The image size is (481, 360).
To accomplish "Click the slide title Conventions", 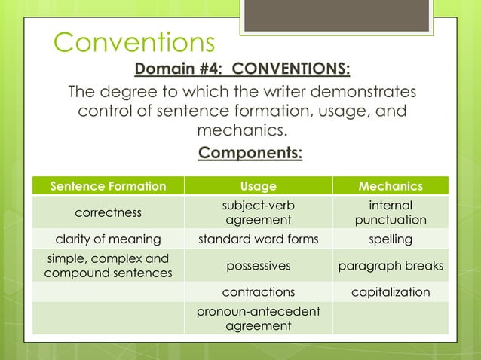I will point(134,43).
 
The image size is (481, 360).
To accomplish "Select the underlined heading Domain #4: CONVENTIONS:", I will point(242,70).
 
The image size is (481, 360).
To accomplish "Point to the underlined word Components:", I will point(250,154).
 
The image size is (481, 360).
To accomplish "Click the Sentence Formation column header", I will point(108,186).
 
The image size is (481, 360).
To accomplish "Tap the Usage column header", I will point(258,186).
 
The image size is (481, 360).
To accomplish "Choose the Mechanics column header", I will point(391,186).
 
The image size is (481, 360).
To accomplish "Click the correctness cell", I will point(108,212).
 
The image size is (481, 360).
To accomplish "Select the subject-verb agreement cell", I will point(258,212).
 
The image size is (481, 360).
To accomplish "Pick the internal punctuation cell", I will point(391,212).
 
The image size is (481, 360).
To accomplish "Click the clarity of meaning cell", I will point(108,239).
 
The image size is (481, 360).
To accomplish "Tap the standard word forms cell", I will point(258,239).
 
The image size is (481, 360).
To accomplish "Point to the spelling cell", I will point(391,239).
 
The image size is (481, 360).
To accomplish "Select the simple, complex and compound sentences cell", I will point(108,266).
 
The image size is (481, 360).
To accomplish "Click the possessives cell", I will point(258,266).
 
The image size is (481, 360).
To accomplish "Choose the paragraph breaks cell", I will point(391,266).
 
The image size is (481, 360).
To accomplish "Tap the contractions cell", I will point(258,292).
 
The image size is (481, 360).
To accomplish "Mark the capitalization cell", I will point(391,292).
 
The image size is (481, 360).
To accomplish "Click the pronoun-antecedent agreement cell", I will point(258,319).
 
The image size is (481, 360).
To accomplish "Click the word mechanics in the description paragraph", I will point(241,131).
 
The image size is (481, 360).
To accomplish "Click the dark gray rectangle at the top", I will point(336,15).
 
